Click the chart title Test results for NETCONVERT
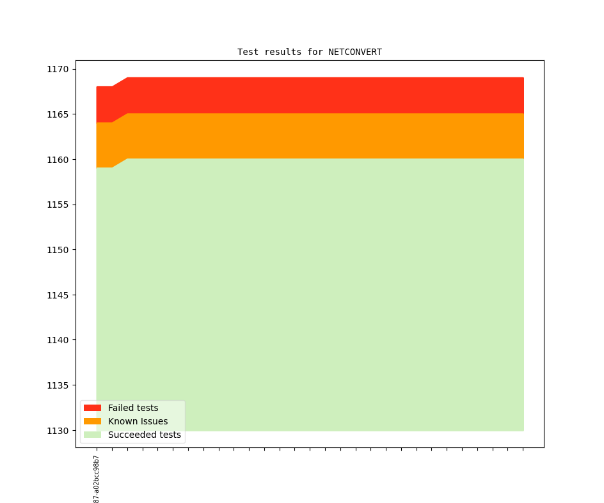309,52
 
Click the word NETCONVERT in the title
355,52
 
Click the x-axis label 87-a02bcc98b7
97,479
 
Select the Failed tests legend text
133,408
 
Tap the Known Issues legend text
138,421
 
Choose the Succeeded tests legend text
144,435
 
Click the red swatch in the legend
92,408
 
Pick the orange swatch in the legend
92,421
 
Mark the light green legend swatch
92,435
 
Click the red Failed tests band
320,95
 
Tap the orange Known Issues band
320,136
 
